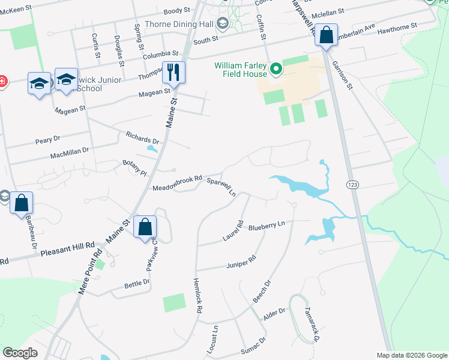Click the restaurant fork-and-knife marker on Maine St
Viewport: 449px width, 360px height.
coord(173,73)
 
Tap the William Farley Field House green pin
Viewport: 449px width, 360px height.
coord(276,70)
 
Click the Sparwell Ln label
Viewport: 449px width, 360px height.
coord(221,186)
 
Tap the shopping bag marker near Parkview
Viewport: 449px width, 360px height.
coord(145,227)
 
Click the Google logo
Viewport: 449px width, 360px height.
coord(20,353)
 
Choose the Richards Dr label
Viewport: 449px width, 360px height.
coord(142,137)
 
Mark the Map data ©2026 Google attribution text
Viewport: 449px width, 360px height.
coord(411,355)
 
